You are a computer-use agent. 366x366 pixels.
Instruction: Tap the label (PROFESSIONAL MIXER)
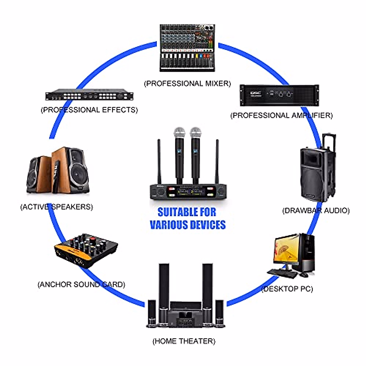click(x=187, y=83)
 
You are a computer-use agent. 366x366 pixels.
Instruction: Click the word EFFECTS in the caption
click(x=117, y=110)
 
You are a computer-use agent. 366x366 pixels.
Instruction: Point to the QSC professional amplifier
click(x=279, y=95)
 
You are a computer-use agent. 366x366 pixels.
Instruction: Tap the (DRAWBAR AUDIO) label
click(x=316, y=210)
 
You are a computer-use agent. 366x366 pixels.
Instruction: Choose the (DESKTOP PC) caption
click(x=287, y=289)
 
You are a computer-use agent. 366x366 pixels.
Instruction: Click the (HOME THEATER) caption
click(x=184, y=341)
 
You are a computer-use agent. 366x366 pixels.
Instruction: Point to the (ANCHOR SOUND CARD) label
click(x=81, y=284)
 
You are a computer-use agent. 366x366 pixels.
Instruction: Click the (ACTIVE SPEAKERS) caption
click(x=56, y=207)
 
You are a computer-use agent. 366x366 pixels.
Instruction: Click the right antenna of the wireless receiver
click(x=217, y=162)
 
